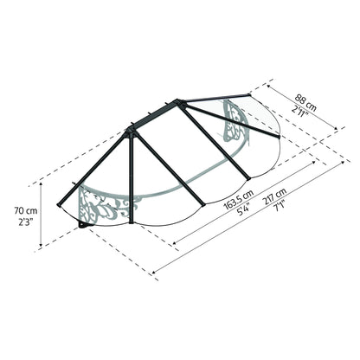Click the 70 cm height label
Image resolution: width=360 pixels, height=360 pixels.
[x=26, y=210]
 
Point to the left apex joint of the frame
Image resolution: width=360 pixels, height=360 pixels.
[x=131, y=131]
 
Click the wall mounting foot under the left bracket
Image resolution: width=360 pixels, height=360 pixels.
[x=83, y=226]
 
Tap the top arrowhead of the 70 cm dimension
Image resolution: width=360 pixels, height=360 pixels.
[x=40, y=185]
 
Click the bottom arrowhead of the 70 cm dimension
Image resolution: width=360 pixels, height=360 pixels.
[x=40, y=248]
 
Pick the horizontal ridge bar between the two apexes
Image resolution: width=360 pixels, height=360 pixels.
[x=155, y=116]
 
